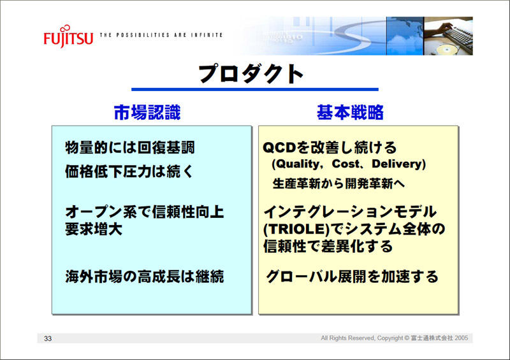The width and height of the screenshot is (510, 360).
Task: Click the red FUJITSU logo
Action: (x=68, y=37)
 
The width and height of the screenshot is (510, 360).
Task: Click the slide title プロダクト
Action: (x=251, y=73)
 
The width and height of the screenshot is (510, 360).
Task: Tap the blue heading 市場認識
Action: (x=147, y=113)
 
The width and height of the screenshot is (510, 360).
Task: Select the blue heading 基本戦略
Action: (x=350, y=113)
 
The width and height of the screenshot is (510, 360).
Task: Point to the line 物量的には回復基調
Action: (x=130, y=148)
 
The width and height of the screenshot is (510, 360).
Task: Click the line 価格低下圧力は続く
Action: (x=129, y=171)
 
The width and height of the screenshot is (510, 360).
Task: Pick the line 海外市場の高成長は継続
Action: (x=145, y=277)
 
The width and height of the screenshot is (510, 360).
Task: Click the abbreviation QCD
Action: (x=279, y=148)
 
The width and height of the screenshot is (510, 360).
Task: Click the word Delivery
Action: (x=397, y=164)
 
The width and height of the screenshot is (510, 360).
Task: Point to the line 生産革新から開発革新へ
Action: (x=339, y=184)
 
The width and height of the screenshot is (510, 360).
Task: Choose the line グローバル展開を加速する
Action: (x=353, y=277)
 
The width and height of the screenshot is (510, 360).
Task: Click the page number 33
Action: (x=48, y=338)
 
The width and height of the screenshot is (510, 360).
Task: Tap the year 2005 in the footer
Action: (x=462, y=338)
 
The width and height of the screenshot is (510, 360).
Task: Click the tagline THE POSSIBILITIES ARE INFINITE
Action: (x=161, y=35)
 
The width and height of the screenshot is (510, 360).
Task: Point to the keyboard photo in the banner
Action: (x=448, y=36)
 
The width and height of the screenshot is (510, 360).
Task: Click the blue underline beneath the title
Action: (x=254, y=89)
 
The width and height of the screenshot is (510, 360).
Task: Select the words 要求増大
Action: (x=94, y=229)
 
